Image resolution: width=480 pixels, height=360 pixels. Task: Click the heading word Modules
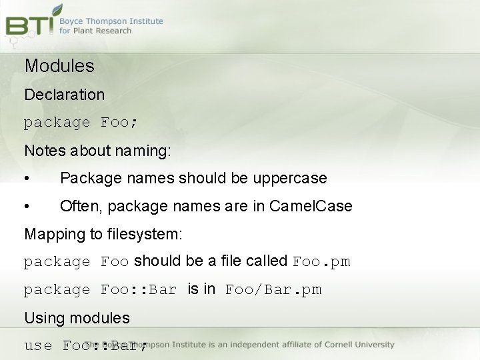59,66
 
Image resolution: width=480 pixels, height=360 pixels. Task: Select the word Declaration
65,95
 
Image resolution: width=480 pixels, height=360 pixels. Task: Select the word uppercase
293,179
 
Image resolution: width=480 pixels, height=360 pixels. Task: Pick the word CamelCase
311,207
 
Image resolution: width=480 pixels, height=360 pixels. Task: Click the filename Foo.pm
321,261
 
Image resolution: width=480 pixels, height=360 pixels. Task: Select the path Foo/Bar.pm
273,289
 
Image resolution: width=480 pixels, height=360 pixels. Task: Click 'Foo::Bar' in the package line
139,289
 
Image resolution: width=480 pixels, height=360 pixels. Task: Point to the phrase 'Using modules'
77,317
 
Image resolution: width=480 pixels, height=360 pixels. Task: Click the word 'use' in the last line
38,345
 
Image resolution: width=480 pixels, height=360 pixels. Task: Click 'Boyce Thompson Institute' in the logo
111,21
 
